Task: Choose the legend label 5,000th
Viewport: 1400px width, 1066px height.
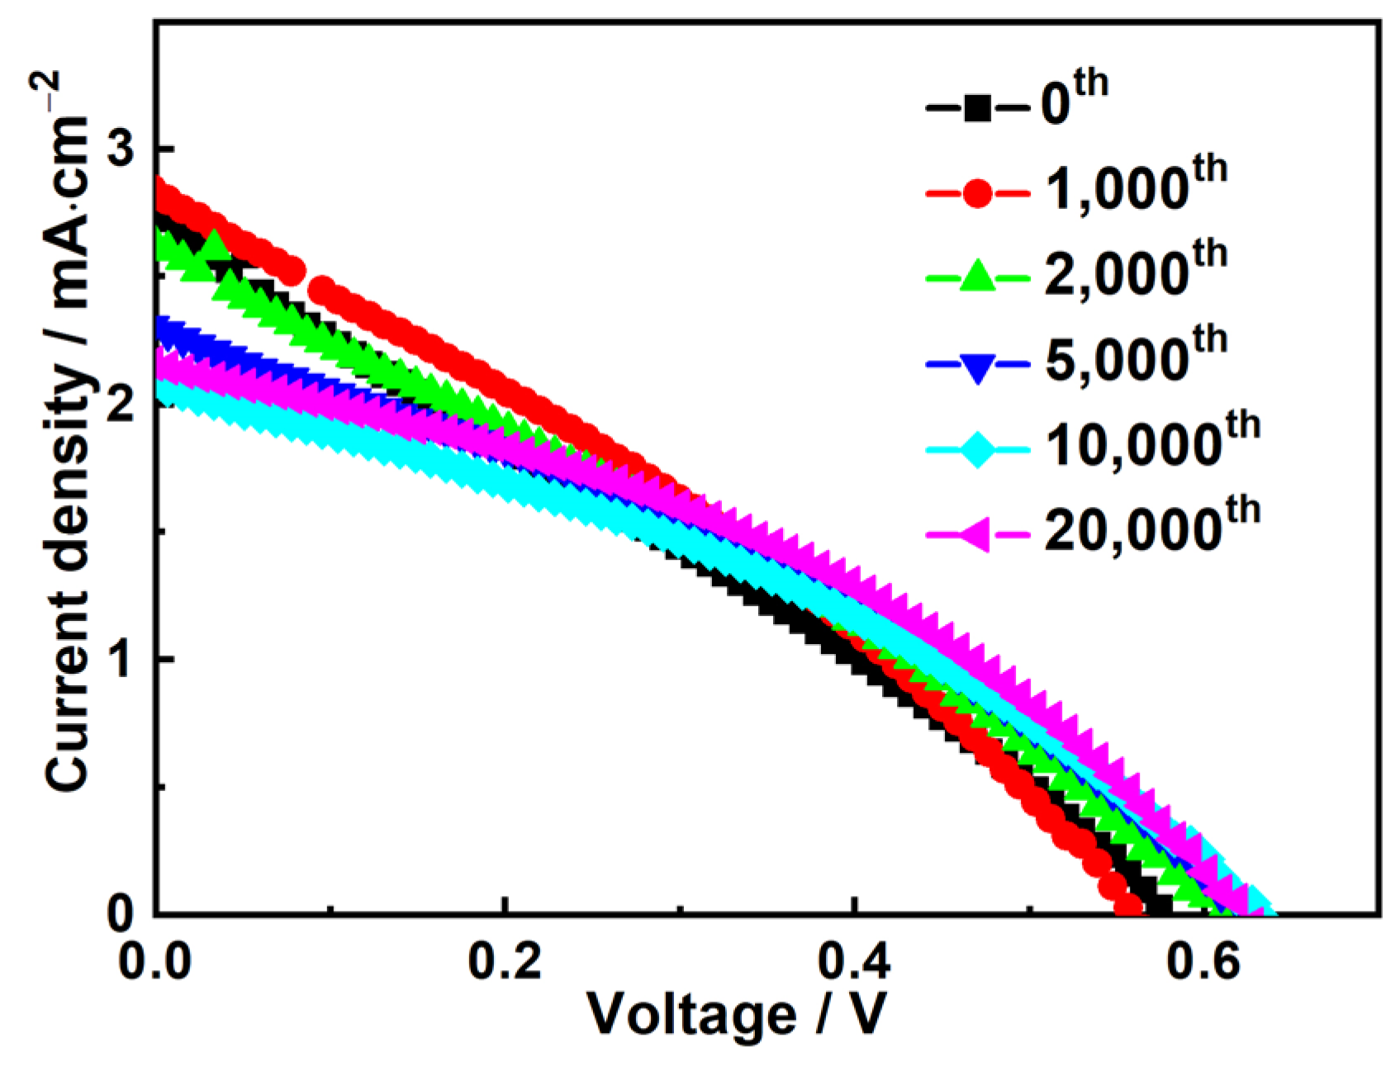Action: (x=1136, y=358)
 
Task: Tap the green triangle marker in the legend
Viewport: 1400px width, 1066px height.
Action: (x=978, y=277)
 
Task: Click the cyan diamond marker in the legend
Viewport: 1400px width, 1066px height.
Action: (x=978, y=450)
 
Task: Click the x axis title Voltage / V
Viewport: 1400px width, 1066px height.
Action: (x=736, y=1014)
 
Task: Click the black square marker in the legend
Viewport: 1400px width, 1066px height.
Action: (x=978, y=108)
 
